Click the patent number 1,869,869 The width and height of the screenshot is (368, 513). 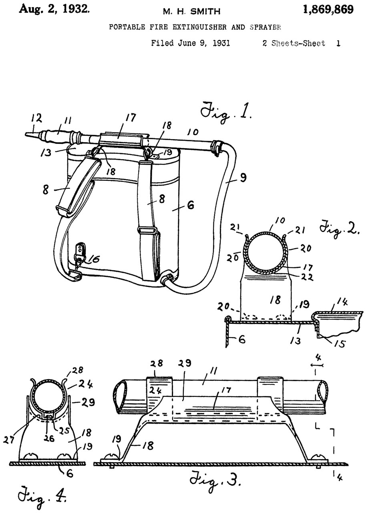click(x=328, y=10)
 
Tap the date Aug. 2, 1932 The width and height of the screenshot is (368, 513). click(x=54, y=10)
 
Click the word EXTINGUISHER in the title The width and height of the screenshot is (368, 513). click(x=199, y=27)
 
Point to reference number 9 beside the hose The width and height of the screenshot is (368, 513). click(x=243, y=178)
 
